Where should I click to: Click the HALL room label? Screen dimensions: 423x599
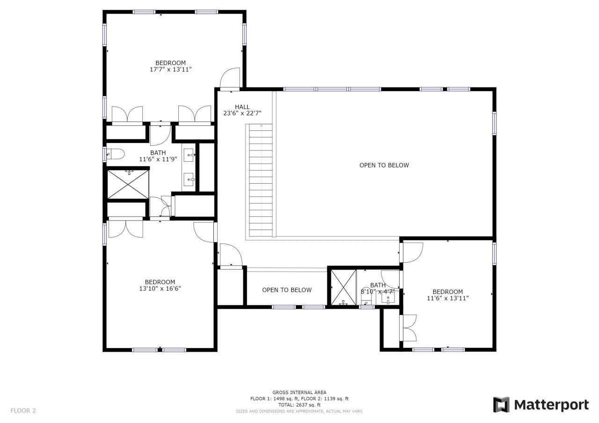click(x=242, y=107)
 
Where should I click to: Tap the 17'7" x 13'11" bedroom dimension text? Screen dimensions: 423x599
click(x=170, y=70)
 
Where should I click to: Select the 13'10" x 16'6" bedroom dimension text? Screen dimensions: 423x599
click(x=160, y=288)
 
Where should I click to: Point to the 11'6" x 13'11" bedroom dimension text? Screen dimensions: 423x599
click(x=447, y=298)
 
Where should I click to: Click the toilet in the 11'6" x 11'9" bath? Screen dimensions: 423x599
click(x=115, y=154)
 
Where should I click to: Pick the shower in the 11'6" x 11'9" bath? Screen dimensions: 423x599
click(x=127, y=184)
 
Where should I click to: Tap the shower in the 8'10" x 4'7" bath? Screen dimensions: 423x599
click(x=343, y=288)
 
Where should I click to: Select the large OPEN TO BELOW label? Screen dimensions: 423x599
click(x=384, y=165)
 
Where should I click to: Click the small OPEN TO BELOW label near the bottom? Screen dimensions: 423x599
click(x=286, y=290)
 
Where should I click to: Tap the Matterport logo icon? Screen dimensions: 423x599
click(x=501, y=404)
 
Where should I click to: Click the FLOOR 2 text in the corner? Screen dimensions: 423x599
click(x=23, y=411)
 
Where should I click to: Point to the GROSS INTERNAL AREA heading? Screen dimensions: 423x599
click(x=299, y=393)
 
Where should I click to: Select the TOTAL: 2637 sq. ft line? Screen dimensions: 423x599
click(x=299, y=405)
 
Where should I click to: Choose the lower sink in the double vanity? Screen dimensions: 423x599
click(x=189, y=178)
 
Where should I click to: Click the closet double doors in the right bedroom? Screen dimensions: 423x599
click(x=409, y=328)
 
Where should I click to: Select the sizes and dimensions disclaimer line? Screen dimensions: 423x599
click(x=299, y=411)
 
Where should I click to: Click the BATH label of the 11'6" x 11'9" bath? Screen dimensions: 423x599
click(x=158, y=153)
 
